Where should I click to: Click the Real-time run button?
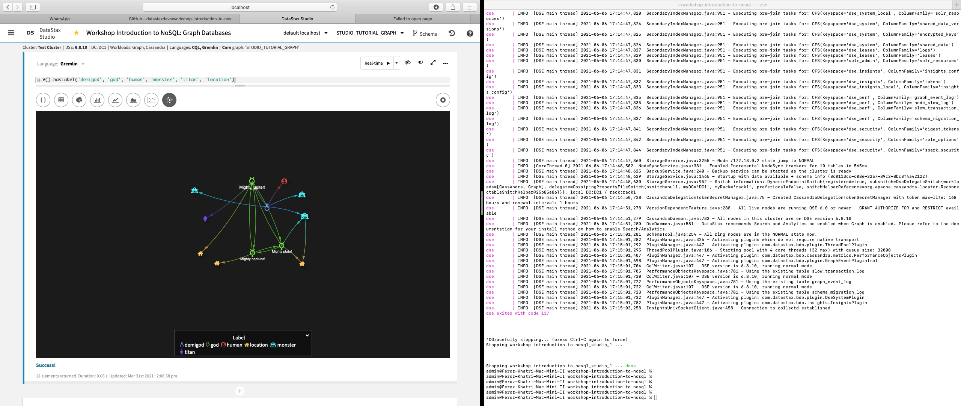coord(377,63)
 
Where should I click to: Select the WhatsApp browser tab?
coord(60,19)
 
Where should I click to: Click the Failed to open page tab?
coord(412,19)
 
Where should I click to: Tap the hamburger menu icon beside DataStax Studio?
coord(11,33)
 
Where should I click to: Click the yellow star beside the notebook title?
coord(77,33)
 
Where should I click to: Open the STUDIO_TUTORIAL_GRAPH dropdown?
coord(370,33)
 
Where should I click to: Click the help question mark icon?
coord(470,33)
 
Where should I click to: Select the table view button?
coord(61,100)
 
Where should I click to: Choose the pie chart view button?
coord(79,100)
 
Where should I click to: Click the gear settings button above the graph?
coord(443,100)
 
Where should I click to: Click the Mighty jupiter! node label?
coord(252,187)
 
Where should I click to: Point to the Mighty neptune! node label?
coord(253,259)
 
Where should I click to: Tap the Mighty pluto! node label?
coord(282,251)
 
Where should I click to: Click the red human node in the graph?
coord(284,182)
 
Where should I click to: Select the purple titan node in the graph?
coord(205,218)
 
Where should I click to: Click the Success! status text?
coord(46,365)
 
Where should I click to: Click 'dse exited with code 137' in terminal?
coord(517,313)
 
